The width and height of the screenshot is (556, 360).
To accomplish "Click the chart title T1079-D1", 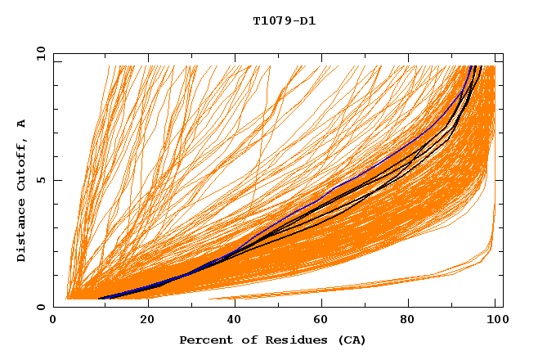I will [x=285, y=21].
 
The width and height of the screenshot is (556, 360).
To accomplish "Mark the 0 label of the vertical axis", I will [x=41, y=307].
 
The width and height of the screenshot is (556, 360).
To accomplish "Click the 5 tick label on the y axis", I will [x=41, y=180].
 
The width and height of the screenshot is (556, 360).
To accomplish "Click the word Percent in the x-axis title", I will [x=203, y=340].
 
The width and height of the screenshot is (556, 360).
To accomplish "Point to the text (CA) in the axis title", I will [x=352, y=340].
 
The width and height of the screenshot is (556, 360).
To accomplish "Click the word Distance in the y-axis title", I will [x=21, y=233].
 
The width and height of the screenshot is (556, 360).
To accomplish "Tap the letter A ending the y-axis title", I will [x=21, y=124].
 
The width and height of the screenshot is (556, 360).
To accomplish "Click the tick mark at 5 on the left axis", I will [x=56, y=180].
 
